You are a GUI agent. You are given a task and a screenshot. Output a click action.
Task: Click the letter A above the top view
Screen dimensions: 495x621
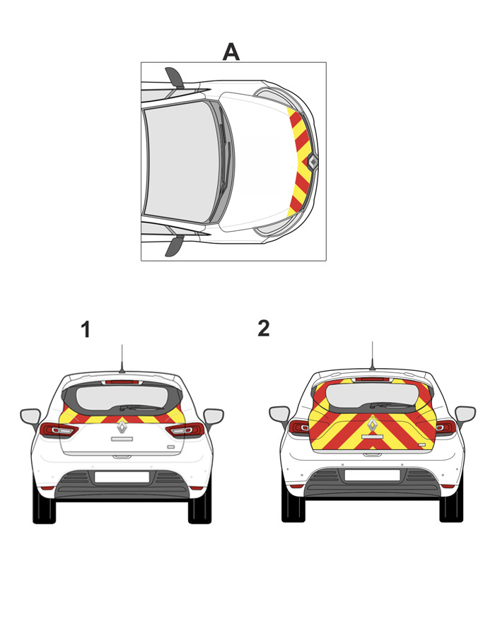[231, 52]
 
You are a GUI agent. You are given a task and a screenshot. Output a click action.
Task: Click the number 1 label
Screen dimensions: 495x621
[86, 329]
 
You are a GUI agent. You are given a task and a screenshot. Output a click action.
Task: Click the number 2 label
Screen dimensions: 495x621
[264, 329]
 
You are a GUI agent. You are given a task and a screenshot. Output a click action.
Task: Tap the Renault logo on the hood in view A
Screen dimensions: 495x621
[313, 162]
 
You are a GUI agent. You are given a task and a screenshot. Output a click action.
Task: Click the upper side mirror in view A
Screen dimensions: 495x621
[175, 77]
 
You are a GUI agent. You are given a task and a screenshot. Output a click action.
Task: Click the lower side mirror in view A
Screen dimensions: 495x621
[175, 246]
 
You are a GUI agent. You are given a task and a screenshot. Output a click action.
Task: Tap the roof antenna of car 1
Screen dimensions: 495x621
[122, 359]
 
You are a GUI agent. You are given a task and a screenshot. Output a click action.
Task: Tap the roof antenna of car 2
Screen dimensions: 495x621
[372, 356]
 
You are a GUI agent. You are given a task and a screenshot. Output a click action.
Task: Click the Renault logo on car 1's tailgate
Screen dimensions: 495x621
[122, 427]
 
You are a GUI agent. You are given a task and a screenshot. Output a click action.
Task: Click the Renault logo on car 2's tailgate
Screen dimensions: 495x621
[372, 425]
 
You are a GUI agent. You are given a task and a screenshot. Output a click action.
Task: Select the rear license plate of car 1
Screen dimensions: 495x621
[122, 478]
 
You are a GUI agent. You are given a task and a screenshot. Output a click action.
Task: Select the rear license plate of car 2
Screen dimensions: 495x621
[372, 475]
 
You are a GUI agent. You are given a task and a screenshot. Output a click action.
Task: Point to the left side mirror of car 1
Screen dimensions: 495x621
[30, 417]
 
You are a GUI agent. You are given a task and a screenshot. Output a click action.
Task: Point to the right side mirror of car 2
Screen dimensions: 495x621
[465, 414]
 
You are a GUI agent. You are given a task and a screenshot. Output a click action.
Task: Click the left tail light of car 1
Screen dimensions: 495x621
[58, 430]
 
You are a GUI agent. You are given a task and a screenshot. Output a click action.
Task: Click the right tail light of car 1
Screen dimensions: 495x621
[185, 430]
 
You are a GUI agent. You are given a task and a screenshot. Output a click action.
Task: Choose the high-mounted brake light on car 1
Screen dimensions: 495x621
[122, 382]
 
